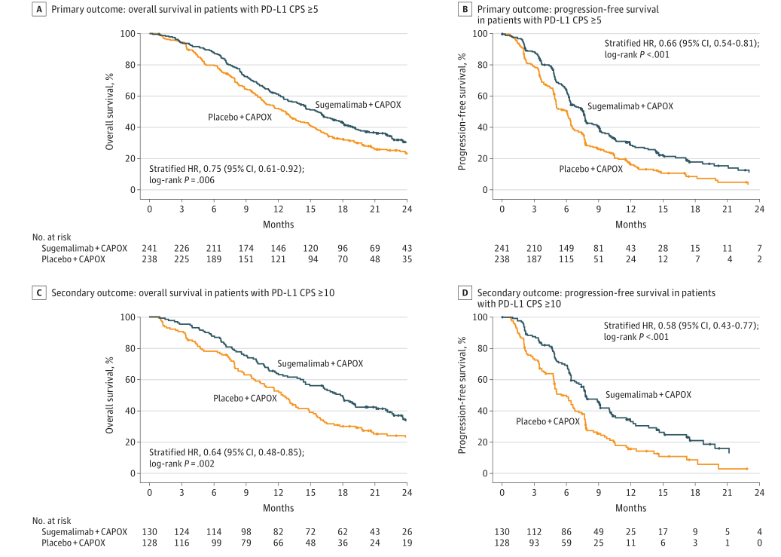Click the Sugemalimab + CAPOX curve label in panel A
(x=358, y=104)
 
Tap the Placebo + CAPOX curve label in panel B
(x=590, y=169)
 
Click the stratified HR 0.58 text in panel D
(x=681, y=326)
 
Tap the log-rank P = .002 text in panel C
(x=182, y=464)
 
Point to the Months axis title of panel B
(x=630, y=224)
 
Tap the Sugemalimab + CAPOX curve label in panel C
(x=320, y=363)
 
